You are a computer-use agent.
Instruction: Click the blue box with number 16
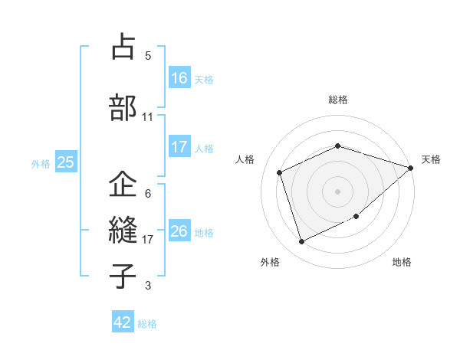coord(179,78)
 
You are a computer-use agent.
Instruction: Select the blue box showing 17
coord(179,147)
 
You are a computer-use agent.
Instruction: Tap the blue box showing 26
coord(179,231)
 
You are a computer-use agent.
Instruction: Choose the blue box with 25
coord(66,162)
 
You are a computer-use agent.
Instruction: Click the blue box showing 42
coord(123,322)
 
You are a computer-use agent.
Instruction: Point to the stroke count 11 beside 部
coord(148,117)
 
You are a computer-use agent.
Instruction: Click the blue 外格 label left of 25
coord(40,163)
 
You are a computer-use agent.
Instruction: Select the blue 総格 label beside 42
coord(147,324)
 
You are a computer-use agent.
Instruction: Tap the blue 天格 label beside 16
coord(203,79)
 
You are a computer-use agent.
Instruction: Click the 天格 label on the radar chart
coord(431,159)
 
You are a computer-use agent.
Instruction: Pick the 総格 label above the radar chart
coord(337,100)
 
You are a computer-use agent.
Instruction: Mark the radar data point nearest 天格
coord(411,168)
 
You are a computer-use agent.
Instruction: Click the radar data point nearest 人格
coord(281,172)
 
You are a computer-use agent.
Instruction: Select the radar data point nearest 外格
coord(302,242)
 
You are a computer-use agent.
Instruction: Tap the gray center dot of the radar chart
coord(337,191)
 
